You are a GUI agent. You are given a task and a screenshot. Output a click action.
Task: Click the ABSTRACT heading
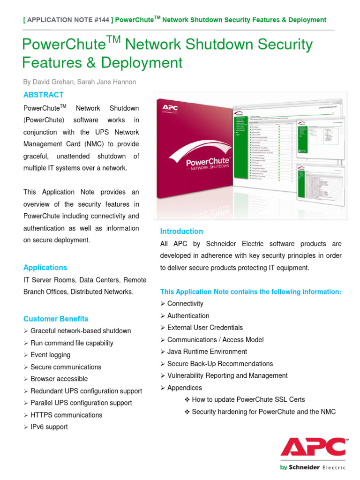pos(44,95)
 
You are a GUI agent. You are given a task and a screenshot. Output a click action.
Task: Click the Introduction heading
pos(181,231)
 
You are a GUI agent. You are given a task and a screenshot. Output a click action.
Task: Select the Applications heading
pos(45,267)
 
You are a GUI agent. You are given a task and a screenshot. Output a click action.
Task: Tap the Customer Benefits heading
pos(56,319)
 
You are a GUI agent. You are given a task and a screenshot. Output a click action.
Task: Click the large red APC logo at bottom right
pos(314,447)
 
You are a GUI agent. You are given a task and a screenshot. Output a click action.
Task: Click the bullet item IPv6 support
pos(49,427)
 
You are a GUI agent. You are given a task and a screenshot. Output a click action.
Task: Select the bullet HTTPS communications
pos(66,415)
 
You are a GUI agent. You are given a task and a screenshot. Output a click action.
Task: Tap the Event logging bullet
pos(50,355)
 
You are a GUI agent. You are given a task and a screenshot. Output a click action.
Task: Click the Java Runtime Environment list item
pos(207,352)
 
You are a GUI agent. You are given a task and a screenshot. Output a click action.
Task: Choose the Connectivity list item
pos(185,304)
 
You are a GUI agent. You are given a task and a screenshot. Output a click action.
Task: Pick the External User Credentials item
pos(205,328)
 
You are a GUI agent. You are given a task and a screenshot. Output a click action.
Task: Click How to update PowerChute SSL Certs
pos(248,399)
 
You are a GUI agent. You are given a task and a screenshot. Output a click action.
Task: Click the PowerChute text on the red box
pos(208,162)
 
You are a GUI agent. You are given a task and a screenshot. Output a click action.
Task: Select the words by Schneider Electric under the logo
pos(313,467)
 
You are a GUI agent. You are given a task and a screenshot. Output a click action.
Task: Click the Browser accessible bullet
pos(59,379)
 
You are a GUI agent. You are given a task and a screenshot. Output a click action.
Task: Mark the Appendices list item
pos(184,388)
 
